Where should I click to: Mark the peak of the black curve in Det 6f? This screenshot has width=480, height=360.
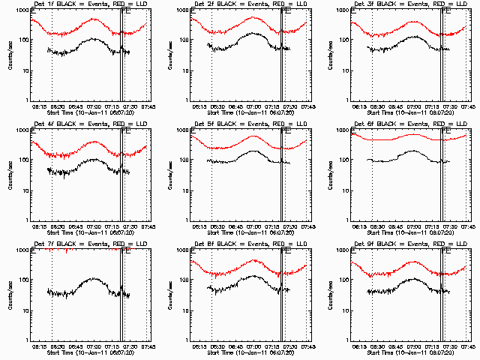[414, 151]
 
